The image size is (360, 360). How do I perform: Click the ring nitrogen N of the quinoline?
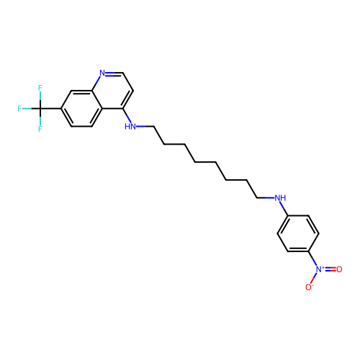[102, 73]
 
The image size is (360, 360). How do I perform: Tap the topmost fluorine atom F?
[40, 88]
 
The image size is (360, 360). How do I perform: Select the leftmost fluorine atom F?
[19, 109]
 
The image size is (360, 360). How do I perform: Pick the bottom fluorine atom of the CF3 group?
[40, 129]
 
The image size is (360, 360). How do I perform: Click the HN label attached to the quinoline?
[130, 127]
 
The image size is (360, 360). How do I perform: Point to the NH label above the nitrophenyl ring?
[280, 198]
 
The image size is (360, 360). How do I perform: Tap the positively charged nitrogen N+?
[320, 269]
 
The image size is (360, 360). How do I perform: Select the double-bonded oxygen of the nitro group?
[339, 269]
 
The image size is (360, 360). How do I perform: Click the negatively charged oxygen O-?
[309, 287]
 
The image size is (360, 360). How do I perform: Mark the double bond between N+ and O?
[330, 269]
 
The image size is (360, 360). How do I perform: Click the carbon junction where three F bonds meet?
[40, 109]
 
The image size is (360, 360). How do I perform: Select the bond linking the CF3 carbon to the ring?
[50, 109]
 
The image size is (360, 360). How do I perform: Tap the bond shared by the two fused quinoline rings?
[97, 99]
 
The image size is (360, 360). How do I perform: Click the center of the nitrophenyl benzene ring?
[298, 233]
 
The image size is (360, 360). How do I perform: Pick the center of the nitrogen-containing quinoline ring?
[112, 91]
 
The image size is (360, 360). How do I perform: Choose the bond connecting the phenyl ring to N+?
[312, 258]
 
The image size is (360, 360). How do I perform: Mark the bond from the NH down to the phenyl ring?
[284, 209]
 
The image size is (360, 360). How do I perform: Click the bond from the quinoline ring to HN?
[127, 115]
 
